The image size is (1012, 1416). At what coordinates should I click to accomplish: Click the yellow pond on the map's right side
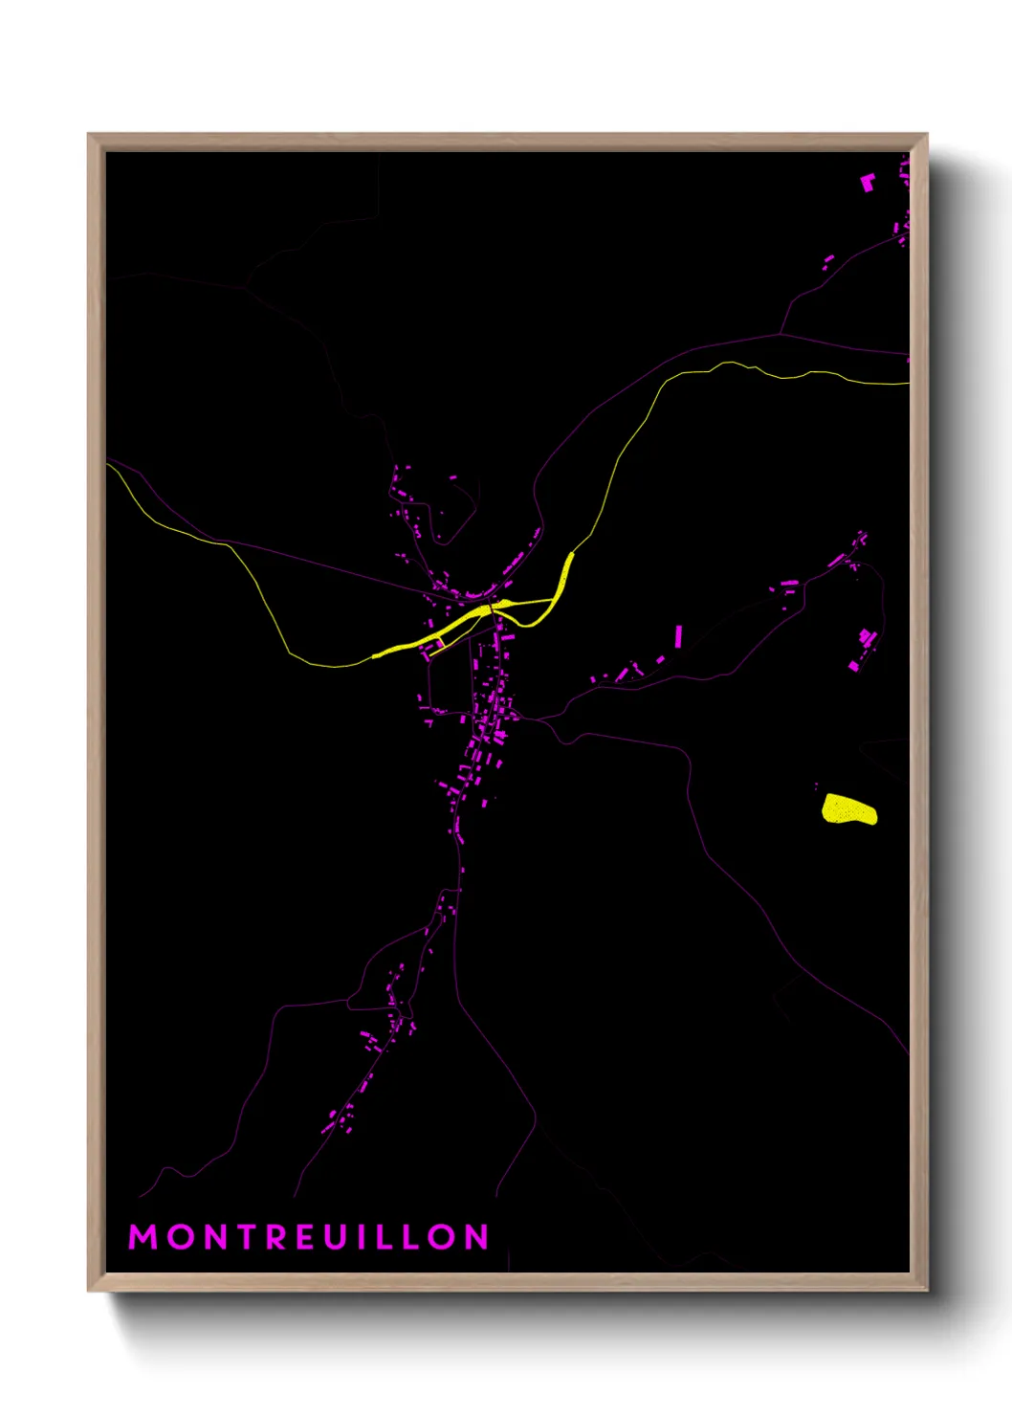click(848, 809)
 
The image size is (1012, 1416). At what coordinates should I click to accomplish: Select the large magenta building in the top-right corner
click(869, 182)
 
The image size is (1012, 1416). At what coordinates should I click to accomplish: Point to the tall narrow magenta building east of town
click(679, 636)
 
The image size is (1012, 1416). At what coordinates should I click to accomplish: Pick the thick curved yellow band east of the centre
click(562, 586)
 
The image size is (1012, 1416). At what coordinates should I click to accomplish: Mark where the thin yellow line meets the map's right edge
click(907, 384)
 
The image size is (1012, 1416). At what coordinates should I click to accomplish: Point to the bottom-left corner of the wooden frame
click(90, 1289)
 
